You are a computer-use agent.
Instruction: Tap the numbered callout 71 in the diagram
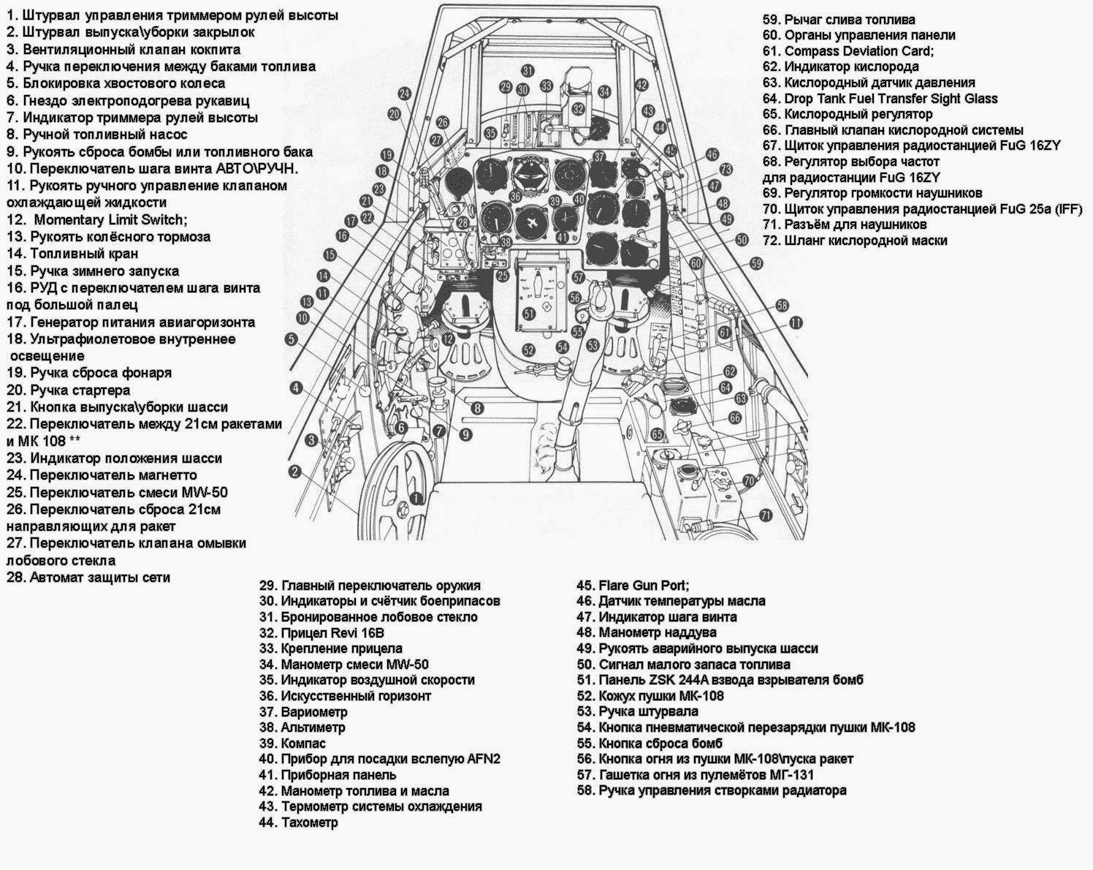click(x=765, y=515)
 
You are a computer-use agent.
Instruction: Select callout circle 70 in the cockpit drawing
click(x=748, y=480)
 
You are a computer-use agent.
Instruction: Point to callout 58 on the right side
click(x=782, y=305)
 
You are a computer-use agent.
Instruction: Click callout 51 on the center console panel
click(x=530, y=312)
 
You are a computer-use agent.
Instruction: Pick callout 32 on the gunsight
click(x=578, y=109)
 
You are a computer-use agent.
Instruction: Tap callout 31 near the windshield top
click(x=528, y=70)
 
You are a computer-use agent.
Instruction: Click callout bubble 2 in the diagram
click(x=295, y=472)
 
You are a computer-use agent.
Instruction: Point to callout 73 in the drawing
click(x=725, y=170)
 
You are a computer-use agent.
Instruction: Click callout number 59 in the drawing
click(x=756, y=263)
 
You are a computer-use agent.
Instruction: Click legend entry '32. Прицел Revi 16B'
click(x=332, y=632)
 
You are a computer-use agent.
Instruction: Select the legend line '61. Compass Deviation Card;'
click(x=848, y=51)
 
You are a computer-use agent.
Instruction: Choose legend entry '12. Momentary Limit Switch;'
click(x=97, y=219)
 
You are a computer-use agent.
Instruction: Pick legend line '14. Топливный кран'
click(x=72, y=254)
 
